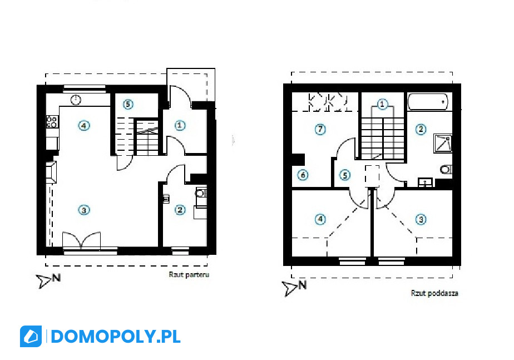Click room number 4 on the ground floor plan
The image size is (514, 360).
pyautogui.click(x=84, y=125)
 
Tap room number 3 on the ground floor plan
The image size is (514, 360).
pyautogui.click(x=84, y=210)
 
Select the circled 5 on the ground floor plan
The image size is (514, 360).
pyautogui.click(x=128, y=104)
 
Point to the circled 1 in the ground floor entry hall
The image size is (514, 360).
pyautogui.click(x=180, y=125)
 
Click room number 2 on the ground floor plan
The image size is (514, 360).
pyautogui.click(x=180, y=210)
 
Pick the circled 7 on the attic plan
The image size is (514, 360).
pyautogui.click(x=320, y=129)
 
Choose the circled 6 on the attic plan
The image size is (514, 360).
pyautogui.click(x=303, y=175)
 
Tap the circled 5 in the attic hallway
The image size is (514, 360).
pyautogui.click(x=344, y=175)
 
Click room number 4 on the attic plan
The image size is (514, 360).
pyautogui.click(x=320, y=219)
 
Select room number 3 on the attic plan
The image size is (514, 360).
pyautogui.click(x=421, y=219)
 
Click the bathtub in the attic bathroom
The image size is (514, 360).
pyautogui.click(x=428, y=102)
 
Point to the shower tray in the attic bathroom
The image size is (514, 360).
pyautogui.click(x=443, y=144)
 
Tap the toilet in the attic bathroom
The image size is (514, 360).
pyautogui.click(x=446, y=170)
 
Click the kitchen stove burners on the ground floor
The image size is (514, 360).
pyautogui.click(x=52, y=121)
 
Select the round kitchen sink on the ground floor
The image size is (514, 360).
pyautogui.click(x=76, y=100)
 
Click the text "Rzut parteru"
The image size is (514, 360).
pyautogui.click(x=189, y=274)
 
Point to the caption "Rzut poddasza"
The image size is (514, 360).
pyautogui.click(x=434, y=293)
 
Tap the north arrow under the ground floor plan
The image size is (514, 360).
pyautogui.click(x=48, y=280)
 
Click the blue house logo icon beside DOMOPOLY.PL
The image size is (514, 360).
pyautogui.click(x=31, y=337)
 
